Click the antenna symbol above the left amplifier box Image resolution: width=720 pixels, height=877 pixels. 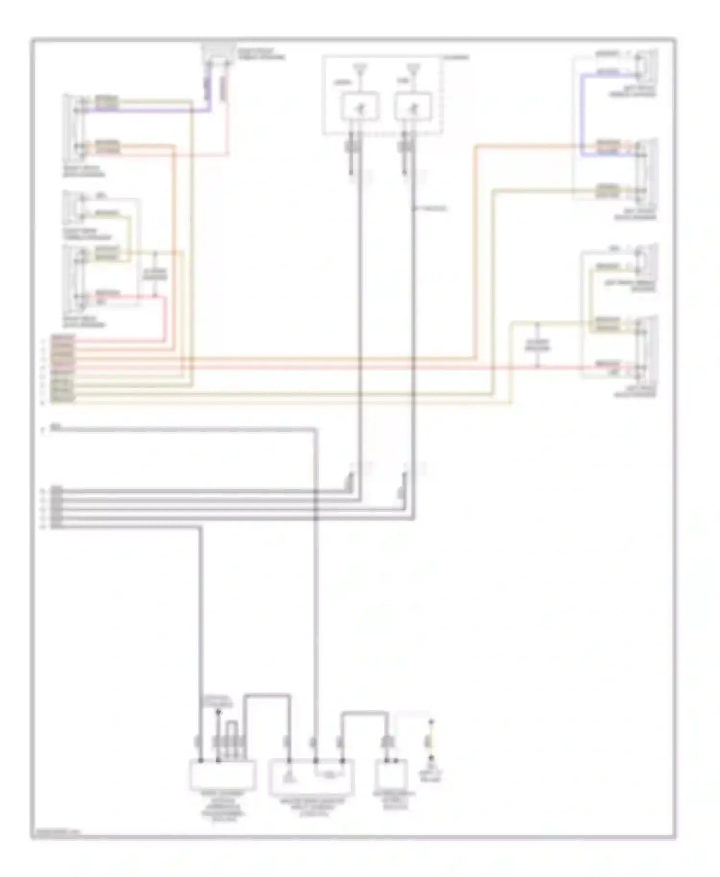(359, 70)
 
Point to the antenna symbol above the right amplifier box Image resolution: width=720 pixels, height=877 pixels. (413, 70)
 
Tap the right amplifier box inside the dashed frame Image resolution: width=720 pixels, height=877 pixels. (413, 107)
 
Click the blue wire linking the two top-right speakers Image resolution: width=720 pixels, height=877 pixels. (581, 115)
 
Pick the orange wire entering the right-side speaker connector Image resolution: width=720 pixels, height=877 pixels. (528, 146)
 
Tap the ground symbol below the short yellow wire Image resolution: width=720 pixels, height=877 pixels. (431, 760)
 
